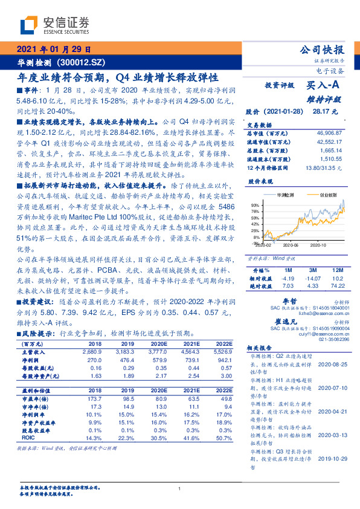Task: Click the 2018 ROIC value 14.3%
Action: coord(95,437)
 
